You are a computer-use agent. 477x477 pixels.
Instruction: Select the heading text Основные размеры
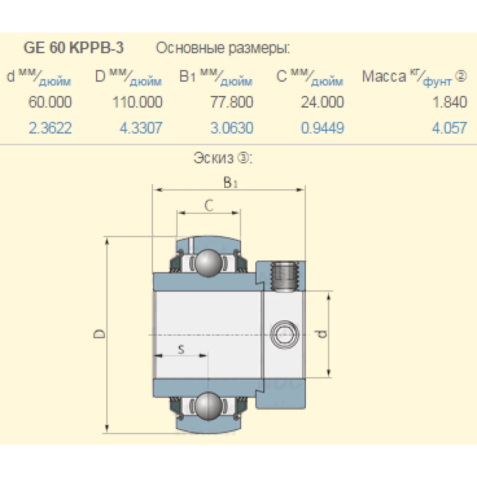point(223,48)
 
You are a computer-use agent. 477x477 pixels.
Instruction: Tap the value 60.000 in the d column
point(50,102)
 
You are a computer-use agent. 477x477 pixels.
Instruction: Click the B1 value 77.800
point(232,102)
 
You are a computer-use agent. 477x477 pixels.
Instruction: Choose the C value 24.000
point(322,102)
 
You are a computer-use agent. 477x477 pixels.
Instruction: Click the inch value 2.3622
point(50,128)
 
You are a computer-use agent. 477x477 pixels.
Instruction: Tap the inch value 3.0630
point(232,128)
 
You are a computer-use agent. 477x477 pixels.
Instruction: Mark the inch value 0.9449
point(322,128)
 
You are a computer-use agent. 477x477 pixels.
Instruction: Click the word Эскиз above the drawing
point(214,158)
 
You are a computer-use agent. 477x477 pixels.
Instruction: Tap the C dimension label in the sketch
point(208,205)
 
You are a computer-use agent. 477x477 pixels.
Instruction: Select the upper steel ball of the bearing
point(208,262)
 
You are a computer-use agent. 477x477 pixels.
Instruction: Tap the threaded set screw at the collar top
point(285,276)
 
